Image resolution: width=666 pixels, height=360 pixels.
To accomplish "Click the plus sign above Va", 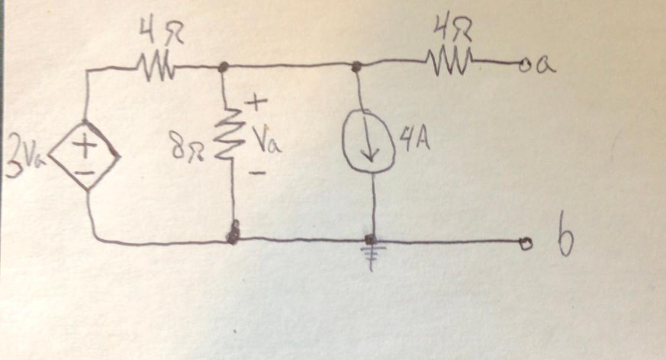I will point(253,105).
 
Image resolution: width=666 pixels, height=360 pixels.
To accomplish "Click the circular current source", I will point(369,147).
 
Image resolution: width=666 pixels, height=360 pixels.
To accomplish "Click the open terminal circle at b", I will point(523,242).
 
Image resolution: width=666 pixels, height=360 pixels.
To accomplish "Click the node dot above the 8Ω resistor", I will point(223,68).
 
